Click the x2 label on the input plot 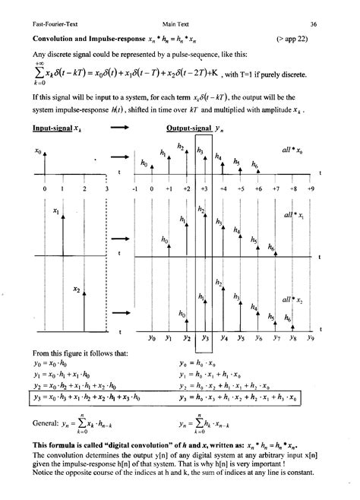click(77, 289)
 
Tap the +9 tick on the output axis click(311, 188)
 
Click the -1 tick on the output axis click(135, 188)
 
